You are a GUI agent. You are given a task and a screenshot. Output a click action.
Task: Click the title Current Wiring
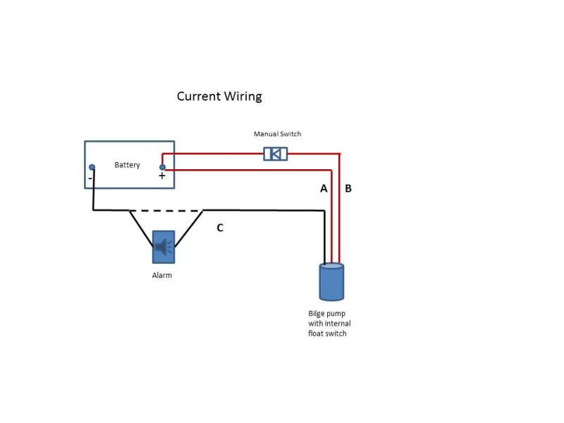(x=219, y=97)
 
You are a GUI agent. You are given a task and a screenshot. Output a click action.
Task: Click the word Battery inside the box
(x=128, y=165)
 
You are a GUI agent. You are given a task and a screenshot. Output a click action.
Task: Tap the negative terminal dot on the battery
(x=92, y=167)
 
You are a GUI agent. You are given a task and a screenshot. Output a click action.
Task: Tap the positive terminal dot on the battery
(x=162, y=167)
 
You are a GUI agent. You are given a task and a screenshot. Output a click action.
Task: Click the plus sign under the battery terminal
(x=162, y=176)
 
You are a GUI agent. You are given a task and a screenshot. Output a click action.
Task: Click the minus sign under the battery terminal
(x=90, y=178)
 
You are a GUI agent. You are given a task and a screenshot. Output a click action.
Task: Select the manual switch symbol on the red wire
(x=275, y=154)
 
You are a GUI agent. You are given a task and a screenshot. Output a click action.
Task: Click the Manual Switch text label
(x=277, y=134)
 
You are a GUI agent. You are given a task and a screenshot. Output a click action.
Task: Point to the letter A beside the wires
(x=324, y=188)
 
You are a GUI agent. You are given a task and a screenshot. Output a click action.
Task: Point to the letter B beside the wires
(x=348, y=188)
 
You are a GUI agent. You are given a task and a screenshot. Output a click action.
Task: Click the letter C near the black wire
(x=220, y=228)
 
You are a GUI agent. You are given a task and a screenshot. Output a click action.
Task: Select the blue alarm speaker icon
(x=164, y=247)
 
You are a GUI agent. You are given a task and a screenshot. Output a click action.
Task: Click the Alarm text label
(x=162, y=276)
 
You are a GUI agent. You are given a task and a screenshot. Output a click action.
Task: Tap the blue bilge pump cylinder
(x=331, y=284)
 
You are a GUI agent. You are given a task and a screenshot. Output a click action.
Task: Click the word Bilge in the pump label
(x=317, y=314)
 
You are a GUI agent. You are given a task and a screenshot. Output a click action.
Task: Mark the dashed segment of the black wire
(x=166, y=210)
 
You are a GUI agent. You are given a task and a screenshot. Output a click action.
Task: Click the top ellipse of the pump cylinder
(x=331, y=266)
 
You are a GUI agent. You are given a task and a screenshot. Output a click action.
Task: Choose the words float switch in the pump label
(x=327, y=333)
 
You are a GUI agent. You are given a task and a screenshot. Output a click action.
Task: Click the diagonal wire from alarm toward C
(x=189, y=227)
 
